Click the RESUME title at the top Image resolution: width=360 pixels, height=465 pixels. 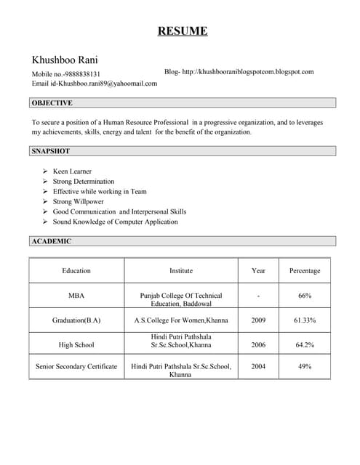183,31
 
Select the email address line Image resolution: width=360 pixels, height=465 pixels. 95,84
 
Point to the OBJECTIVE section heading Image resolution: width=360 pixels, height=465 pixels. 52,103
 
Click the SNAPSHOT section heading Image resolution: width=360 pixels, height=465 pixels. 51,151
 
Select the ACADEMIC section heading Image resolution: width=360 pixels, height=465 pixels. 51,240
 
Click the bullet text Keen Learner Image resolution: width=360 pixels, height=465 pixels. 72,171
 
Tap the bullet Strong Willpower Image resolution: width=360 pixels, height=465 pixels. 79,202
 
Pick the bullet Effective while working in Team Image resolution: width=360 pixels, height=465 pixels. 100,192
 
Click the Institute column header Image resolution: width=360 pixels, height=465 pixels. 181,271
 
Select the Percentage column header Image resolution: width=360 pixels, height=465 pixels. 305,271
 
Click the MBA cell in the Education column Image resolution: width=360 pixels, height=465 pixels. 76,296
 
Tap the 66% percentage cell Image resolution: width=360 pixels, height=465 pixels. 305,296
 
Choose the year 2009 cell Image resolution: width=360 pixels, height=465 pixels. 258,320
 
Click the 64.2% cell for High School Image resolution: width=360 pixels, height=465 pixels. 305,344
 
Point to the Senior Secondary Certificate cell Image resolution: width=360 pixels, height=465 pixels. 76,367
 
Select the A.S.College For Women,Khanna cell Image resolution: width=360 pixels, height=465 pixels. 181,320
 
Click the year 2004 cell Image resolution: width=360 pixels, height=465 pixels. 258,367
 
